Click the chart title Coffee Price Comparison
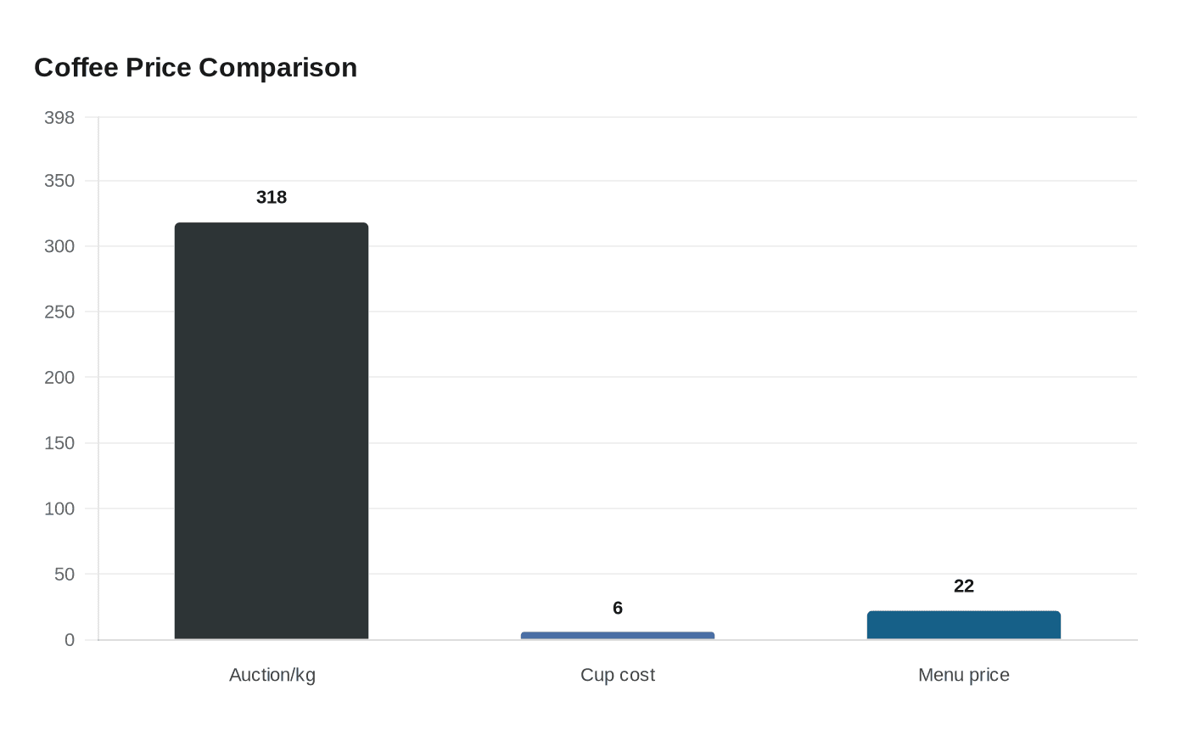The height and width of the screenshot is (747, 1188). point(195,67)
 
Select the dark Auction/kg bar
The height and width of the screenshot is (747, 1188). point(272,430)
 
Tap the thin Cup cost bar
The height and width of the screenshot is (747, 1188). point(618,635)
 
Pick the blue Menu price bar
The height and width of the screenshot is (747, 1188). point(963,625)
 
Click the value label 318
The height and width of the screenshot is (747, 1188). point(272,197)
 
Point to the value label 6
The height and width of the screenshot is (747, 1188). point(618,608)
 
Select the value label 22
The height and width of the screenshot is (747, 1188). point(964,586)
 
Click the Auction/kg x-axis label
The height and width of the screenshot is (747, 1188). point(272,675)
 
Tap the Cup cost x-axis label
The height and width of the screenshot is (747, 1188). point(618,675)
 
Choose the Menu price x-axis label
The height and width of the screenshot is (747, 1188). point(964,675)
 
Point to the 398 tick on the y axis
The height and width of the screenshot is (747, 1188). point(59,117)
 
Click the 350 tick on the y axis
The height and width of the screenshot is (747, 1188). point(59,181)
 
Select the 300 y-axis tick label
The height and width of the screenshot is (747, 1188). point(59,246)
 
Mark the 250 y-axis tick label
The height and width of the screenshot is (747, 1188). point(59,312)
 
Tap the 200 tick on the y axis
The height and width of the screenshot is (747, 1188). point(59,377)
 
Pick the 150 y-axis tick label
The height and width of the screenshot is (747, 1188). point(59,443)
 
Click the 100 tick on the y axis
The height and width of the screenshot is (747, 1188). point(59,508)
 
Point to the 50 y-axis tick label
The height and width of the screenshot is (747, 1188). point(64,574)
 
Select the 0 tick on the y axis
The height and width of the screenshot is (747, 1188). point(70,640)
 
